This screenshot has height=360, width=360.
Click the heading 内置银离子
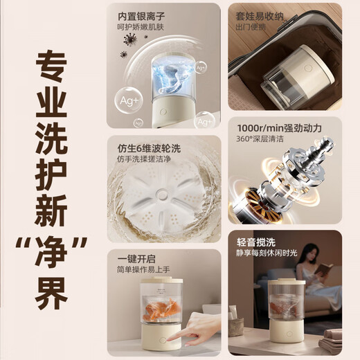pyautogui.click(x=141, y=15)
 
